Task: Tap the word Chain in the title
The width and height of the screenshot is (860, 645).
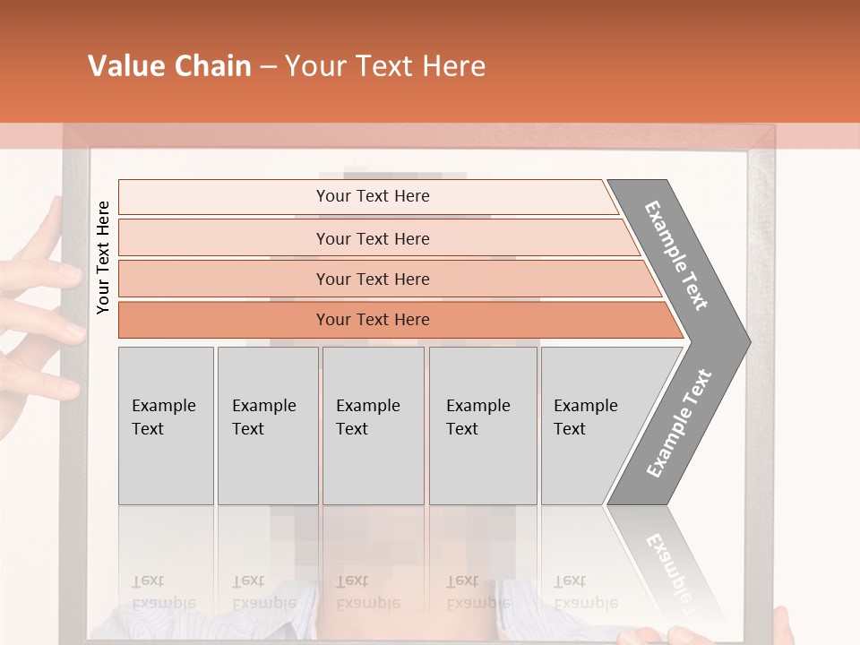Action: pyautogui.click(x=212, y=66)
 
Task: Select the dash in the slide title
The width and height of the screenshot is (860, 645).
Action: pyautogui.click(x=268, y=67)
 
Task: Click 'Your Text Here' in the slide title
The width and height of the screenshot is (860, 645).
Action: pyautogui.click(x=385, y=66)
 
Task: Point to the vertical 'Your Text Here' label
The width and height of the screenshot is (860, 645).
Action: pyautogui.click(x=103, y=258)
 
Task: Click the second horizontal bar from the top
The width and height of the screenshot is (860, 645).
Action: pyautogui.click(x=372, y=238)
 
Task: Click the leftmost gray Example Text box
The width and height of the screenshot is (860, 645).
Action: pyautogui.click(x=166, y=426)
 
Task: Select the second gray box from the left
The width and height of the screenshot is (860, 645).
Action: pyautogui.click(x=268, y=426)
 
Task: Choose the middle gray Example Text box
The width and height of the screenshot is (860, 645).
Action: pyautogui.click(x=373, y=426)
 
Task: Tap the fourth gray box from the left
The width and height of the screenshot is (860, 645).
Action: pyautogui.click(x=483, y=426)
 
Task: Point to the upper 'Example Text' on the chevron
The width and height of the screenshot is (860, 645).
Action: pyautogui.click(x=676, y=255)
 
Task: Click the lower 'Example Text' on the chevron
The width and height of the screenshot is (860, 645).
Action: pyautogui.click(x=678, y=423)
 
